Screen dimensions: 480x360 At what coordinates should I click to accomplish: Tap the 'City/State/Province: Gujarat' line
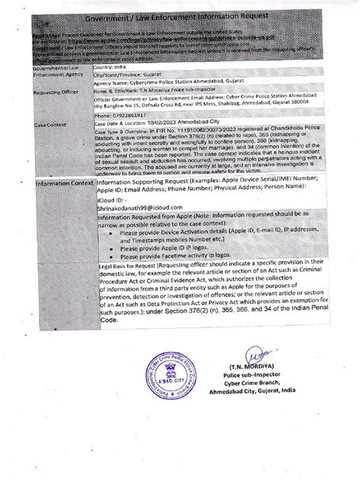(x=131, y=77)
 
